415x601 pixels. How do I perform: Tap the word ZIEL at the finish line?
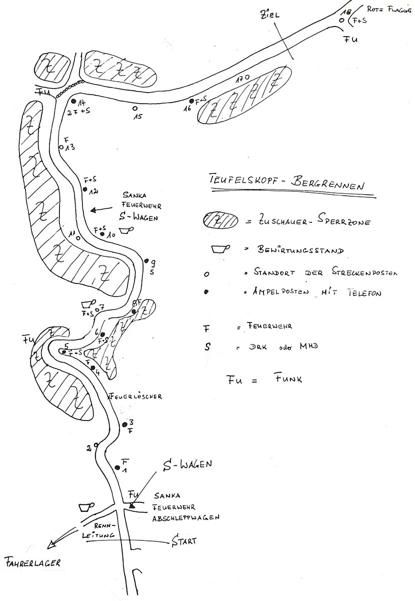click(269, 16)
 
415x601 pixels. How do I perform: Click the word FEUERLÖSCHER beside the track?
click(136, 396)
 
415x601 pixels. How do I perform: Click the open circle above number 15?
click(134, 108)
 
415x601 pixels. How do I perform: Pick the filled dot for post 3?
click(124, 425)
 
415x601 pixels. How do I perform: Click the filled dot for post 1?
click(117, 468)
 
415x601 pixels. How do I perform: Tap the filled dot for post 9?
click(146, 261)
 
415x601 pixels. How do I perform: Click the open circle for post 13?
click(61, 148)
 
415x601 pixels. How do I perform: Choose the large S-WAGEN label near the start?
click(188, 464)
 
